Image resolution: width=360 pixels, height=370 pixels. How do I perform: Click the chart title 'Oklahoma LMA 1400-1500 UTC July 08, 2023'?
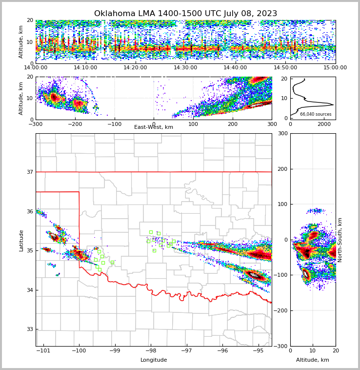(185, 14)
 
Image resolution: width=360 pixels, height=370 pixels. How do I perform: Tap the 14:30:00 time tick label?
(185, 68)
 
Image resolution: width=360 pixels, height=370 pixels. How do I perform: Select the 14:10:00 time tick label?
(85, 68)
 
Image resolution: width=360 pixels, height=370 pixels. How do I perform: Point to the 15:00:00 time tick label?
(335, 68)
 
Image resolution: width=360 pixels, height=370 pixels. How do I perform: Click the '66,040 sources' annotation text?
(316, 114)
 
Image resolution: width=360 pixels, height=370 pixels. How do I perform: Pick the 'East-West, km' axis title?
(154, 127)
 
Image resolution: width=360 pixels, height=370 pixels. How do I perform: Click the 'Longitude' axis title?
(154, 360)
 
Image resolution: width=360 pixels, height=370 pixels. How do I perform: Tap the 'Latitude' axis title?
(21, 240)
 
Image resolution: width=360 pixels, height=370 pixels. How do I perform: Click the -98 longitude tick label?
(151, 351)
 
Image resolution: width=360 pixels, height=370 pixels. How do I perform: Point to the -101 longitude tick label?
(44, 351)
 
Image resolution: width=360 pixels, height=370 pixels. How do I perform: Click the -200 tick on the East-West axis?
(75, 124)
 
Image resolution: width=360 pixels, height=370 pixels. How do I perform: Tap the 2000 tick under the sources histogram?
(324, 124)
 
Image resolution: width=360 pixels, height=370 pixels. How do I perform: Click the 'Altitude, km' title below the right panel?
(313, 360)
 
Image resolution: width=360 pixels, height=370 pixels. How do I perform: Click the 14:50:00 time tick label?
(285, 68)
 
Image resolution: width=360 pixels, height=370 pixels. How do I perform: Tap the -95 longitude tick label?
(258, 351)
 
